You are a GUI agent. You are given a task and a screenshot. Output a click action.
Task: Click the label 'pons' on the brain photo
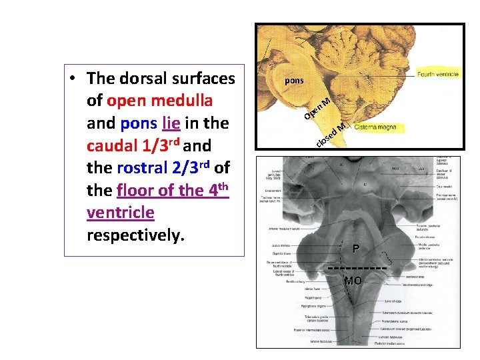click(x=294, y=81)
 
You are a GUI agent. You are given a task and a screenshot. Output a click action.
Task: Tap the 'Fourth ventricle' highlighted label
click(x=437, y=74)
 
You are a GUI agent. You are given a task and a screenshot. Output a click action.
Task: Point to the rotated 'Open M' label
click(x=318, y=109)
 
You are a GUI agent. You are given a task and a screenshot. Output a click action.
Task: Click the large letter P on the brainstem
click(x=357, y=249)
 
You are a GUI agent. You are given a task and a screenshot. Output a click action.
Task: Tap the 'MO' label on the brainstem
click(x=353, y=281)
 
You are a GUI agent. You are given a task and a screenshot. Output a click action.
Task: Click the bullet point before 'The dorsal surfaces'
click(x=71, y=79)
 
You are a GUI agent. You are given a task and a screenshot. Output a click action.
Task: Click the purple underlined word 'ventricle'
click(x=120, y=213)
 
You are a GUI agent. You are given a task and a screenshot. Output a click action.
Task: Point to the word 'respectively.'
click(x=134, y=235)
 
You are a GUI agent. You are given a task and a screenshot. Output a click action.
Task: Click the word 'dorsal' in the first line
click(x=144, y=79)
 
